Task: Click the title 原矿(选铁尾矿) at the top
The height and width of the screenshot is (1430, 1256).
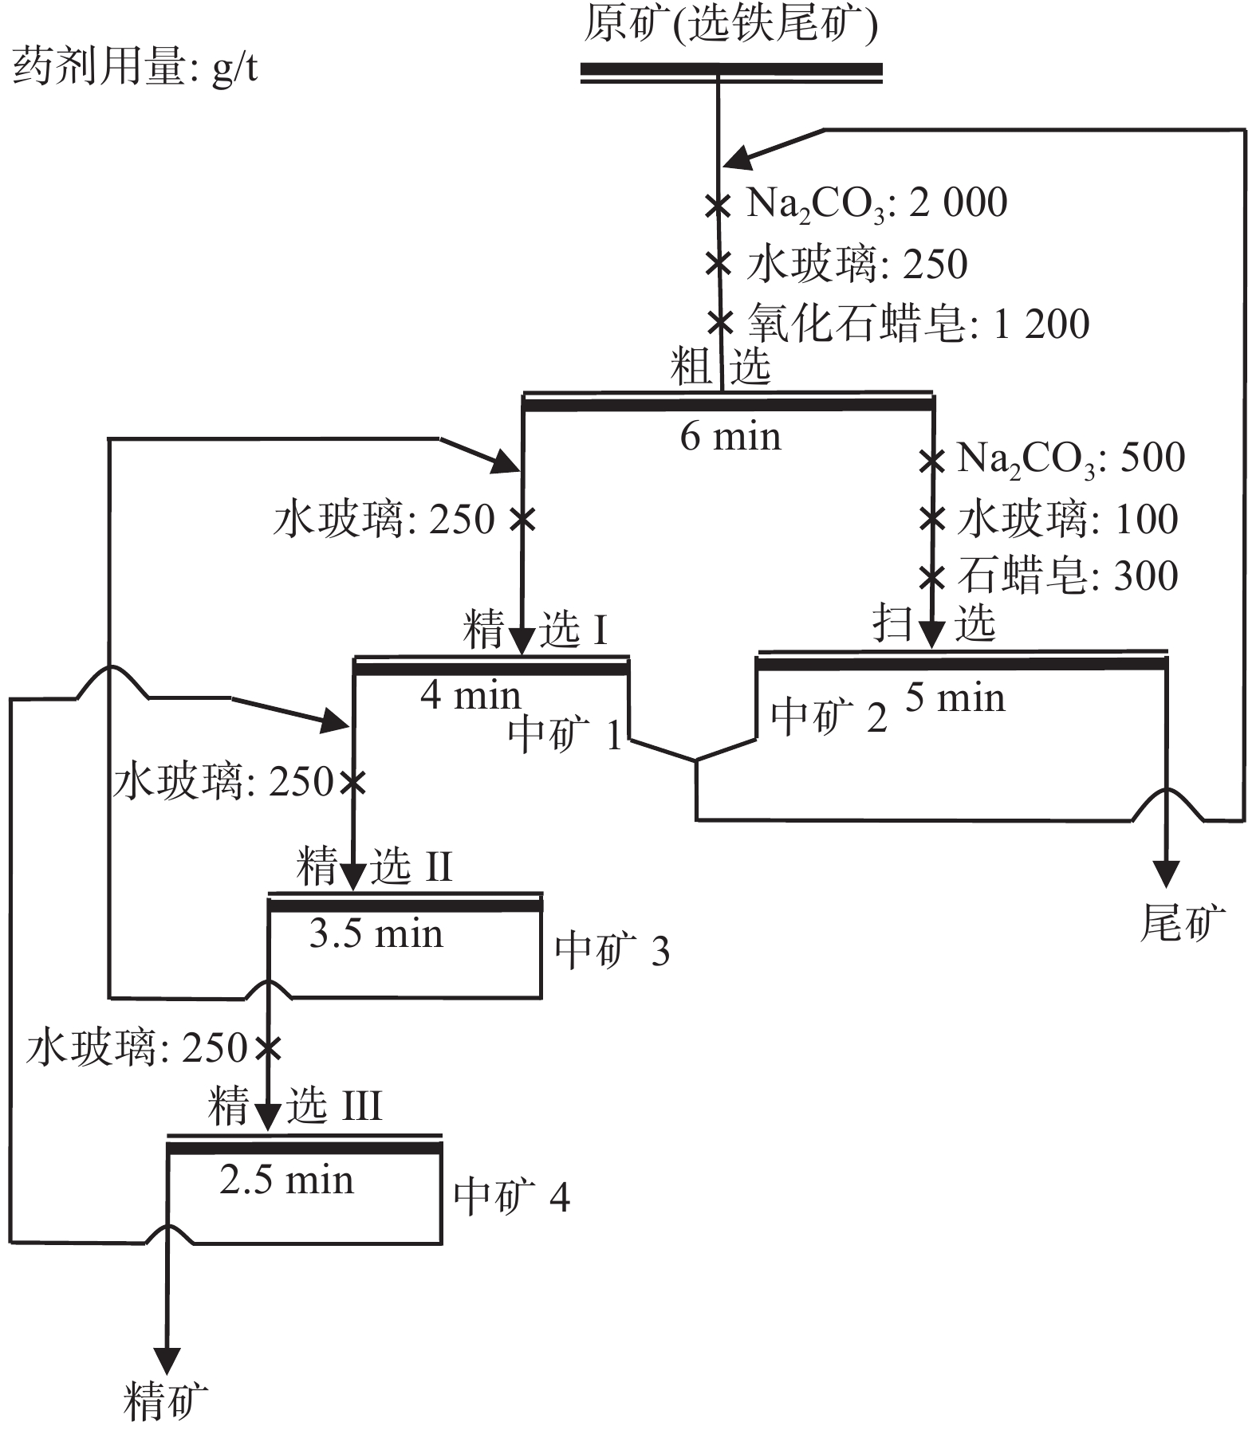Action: click(x=730, y=26)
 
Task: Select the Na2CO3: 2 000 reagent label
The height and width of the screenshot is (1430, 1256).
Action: click(x=876, y=204)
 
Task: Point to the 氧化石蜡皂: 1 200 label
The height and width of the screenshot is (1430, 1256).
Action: click(x=918, y=324)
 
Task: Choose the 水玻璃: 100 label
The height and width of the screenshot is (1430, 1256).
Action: click(x=1067, y=520)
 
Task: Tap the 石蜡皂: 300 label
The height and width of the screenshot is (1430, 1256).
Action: click(x=1067, y=576)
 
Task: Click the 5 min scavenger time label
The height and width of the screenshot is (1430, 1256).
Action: click(x=955, y=699)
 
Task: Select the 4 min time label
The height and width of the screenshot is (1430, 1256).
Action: click(x=471, y=696)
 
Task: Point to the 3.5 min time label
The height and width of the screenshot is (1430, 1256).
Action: click(x=376, y=934)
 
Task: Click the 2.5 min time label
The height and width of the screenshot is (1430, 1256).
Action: click(x=286, y=1181)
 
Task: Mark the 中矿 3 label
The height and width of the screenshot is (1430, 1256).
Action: click(x=612, y=952)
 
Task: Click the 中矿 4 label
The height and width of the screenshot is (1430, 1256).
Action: click(x=511, y=1197)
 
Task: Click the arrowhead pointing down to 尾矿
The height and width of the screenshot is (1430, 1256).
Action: click(x=1166, y=874)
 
